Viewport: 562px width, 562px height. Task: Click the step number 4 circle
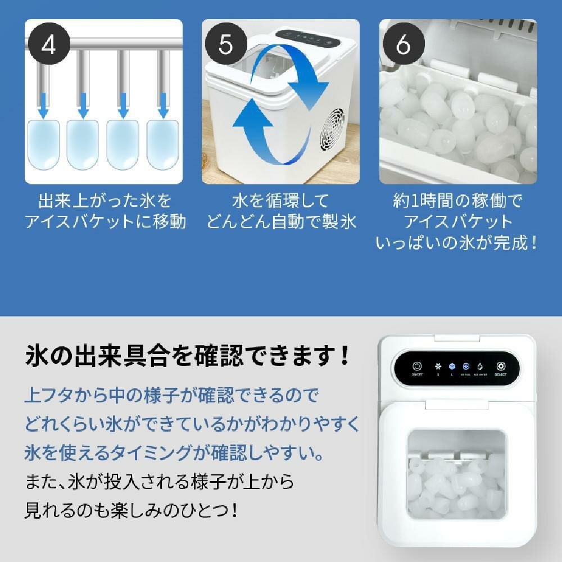[x=49, y=45]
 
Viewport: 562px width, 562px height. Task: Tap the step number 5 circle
[x=226, y=45]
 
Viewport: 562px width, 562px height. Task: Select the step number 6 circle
[x=403, y=45]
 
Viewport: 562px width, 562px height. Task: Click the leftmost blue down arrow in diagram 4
[x=43, y=107]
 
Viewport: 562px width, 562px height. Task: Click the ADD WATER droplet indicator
[x=480, y=365]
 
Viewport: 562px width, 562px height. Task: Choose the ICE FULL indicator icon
[x=466, y=365]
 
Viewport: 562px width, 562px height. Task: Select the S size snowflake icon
[x=438, y=365]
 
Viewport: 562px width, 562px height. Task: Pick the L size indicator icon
[x=452, y=365]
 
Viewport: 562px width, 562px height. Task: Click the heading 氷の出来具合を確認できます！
[x=188, y=356]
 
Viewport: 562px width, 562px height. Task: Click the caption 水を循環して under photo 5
[x=280, y=201]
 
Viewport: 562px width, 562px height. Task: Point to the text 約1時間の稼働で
[x=457, y=201]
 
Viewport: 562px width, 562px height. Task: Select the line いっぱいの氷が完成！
[x=457, y=243]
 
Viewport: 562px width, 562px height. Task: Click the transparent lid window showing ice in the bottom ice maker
[x=456, y=472]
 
